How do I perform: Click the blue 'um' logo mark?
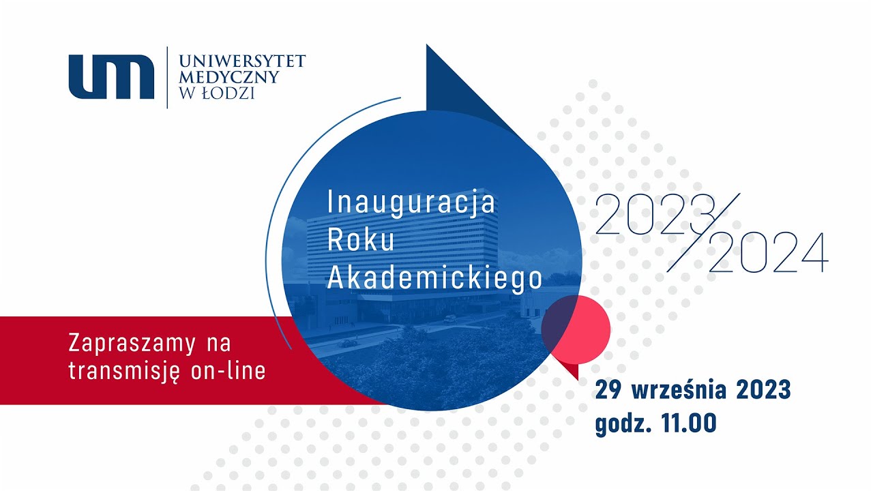[111, 76]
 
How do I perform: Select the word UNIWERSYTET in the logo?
[241, 62]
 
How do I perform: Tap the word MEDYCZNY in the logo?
[228, 77]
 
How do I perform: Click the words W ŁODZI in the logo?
[216, 93]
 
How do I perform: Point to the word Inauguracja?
[411, 203]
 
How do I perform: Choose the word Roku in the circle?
[361, 240]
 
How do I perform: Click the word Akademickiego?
[434, 278]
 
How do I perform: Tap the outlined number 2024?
[768, 253]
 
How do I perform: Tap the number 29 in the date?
[610, 391]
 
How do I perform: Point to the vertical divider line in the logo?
[167, 77]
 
